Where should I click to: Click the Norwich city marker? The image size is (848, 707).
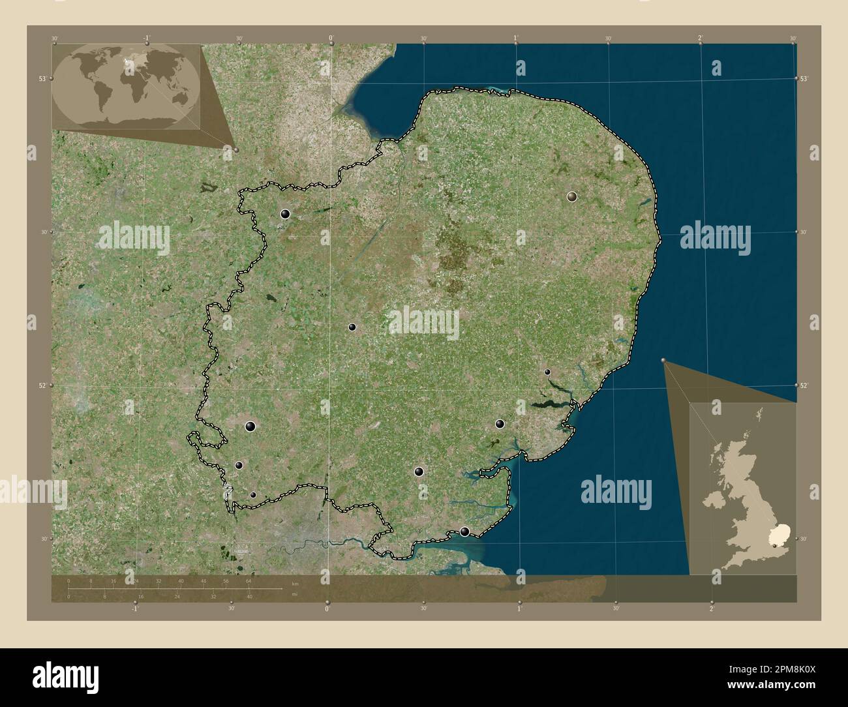click(572, 196)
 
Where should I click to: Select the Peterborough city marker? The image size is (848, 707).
click(285, 213)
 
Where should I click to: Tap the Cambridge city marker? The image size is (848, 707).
click(352, 327)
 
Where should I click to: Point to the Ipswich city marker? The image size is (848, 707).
click(547, 372)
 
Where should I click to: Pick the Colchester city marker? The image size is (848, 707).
click(500, 424)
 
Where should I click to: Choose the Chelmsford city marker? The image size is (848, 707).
click(419, 471)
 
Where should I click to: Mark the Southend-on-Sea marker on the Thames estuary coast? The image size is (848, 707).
click(464, 532)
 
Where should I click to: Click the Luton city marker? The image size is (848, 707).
click(250, 427)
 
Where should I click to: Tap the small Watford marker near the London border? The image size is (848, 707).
click(253, 494)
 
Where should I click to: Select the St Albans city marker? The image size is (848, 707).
click(239, 465)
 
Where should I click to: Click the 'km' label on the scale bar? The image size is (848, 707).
click(295, 583)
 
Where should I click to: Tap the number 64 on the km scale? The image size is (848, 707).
click(249, 580)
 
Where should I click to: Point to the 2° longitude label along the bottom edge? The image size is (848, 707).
click(712, 609)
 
